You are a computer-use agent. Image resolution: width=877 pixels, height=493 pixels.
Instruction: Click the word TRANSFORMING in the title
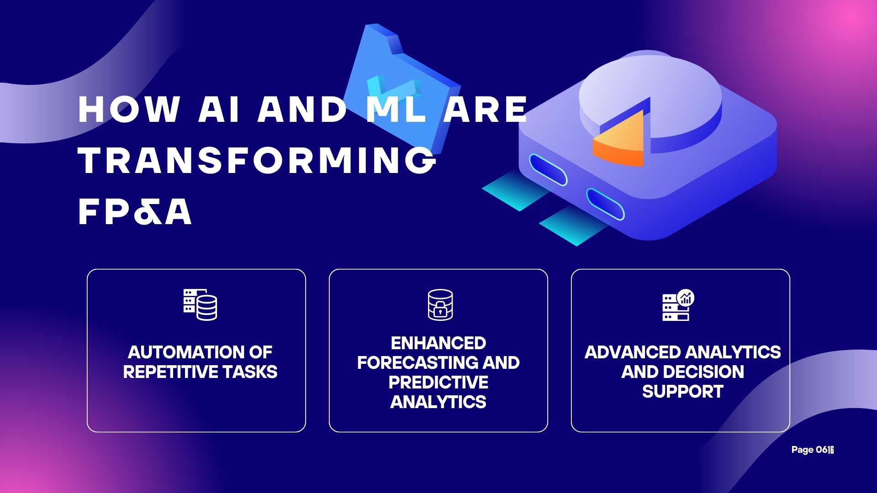pyautogui.click(x=258, y=160)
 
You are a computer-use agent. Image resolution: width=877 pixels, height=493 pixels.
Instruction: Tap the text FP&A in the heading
pyautogui.click(x=135, y=212)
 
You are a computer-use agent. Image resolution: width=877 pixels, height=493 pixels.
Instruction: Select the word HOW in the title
pyautogui.click(x=129, y=109)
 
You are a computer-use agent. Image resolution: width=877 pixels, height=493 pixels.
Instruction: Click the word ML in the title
pyautogui.click(x=396, y=109)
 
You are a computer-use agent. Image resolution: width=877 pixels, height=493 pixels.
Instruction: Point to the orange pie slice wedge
pyautogui.click(x=619, y=139)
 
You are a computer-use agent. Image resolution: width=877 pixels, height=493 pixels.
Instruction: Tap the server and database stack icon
pyautogui.click(x=200, y=304)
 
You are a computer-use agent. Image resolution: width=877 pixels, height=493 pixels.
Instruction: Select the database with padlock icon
pyautogui.click(x=440, y=304)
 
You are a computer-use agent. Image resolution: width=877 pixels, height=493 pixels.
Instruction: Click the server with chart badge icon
pyautogui.click(x=678, y=304)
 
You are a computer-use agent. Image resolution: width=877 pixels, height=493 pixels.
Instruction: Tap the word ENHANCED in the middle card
pyautogui.click(x=438, y=343)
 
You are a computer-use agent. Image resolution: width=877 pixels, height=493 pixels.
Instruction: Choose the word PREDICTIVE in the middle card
pyautogui.click(x=438, y=382)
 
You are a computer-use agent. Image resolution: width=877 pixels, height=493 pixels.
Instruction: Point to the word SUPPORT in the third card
pyautogui.click(x=683, y=392)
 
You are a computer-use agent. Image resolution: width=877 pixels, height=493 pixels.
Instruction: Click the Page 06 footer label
pyautogui.click(x=813, y=450)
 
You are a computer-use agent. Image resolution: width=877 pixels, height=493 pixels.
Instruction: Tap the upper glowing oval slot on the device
pyautogui.click(x=548, y=170)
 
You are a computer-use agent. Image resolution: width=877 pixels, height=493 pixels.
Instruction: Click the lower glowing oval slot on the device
pyautogui.click(x=606, y=204)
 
